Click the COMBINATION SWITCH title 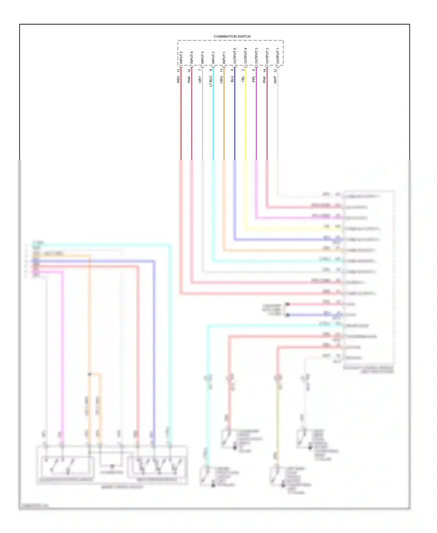pyautogui.click(x=232, y=36)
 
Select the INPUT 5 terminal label pyautogui.click(x=181, y=58)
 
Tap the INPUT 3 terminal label pyautogui.click(x=202, y=58)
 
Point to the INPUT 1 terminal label pyautogui.click(x=224, y=58)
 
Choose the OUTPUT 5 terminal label pyautogui.click(x=235, y=56)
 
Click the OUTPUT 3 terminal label pyautogui.click(x=256, y=56)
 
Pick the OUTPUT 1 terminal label pyautogui.click(x=278, y=56)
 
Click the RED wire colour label pyautogui.click(x=178, y=79)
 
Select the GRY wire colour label pyautogui.click(x=200, y=79)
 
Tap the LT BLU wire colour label pyautogui.click(x=211, y=81)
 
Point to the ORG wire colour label pyautogui.click(x=221, y=79)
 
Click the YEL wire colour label pyautogui.click(x=243, y=79)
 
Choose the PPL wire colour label pyautogui.click(x=254, y=79)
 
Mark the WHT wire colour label pyautogui.click(x=275, y=80)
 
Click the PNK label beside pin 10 pyautogui.click(x=189, y=79)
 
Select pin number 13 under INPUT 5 pyautogui.click(x=178, y=70)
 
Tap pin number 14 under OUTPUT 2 pyautogui.click(x=265, y=70)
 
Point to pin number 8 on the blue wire pyautogui.click(x=232, y=70)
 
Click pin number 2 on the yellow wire pyautogui.click(x=243, y=70)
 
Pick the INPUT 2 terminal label pyautogui.click(x=213, y=58)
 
